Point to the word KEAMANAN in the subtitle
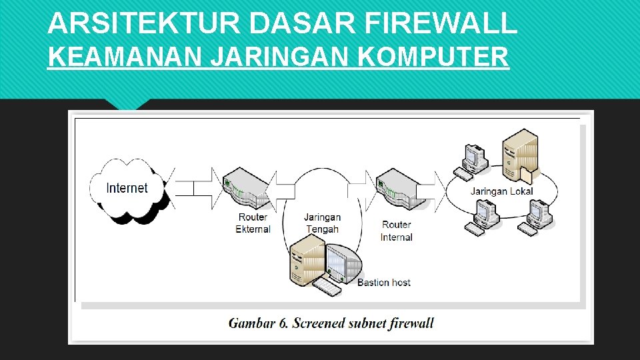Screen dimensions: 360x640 pyautogui.click(x=125, y=57)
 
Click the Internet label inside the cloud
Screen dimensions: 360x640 pyautogui.click(x=127, y=188)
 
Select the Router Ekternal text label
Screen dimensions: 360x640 pyautogui.click(x=253, y=223)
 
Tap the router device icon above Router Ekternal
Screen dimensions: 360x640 pyautogui.click(x=247, y=189)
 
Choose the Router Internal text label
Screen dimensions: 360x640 pyautogui.click(x=397, y=231)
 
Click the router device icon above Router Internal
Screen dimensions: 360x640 pyautogui.click(x=400, y=189)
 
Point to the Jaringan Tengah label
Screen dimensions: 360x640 pyautogui.click(x=323, y=223)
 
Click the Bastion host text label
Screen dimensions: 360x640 pyautogui.click(x=384, y=283)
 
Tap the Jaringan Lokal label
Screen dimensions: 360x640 pyautogui.click(x=501, y=191)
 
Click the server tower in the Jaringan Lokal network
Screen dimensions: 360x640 pyautogui.click(x=520, y=155)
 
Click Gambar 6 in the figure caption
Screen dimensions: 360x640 pyautogui.click(x=259, y=324)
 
